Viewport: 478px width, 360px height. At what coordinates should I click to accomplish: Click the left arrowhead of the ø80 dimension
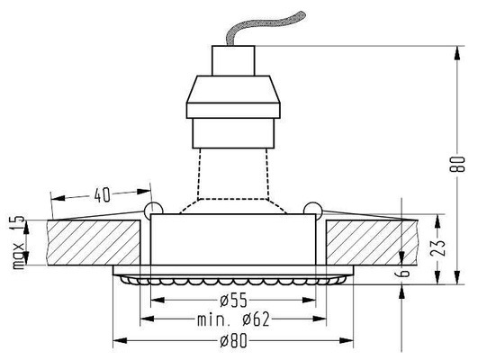tap(117, 341)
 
